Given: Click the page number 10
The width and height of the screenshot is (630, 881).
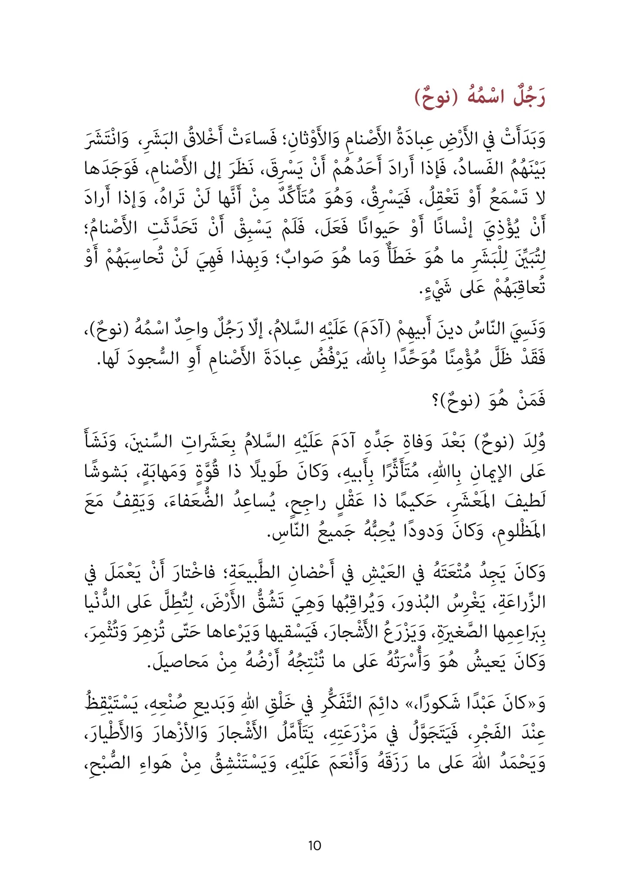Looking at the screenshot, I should point(314,846).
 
